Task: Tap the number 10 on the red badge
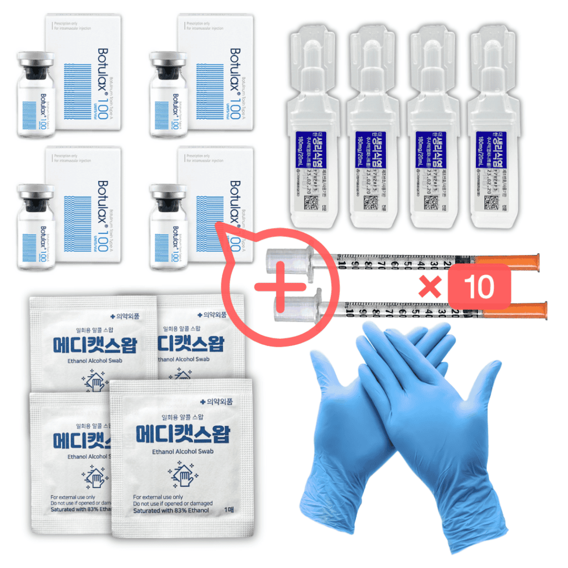pyautogui.click(x=479, y=286)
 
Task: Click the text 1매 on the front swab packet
pyautogui.click(x=229, y=510)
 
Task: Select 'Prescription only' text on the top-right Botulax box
pyautogui.click(x=199, y=23)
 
